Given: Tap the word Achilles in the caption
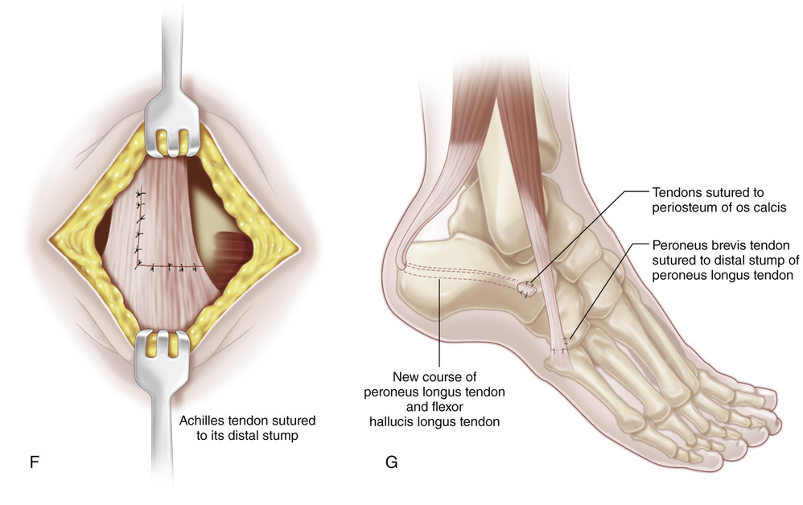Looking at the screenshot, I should point(204,421).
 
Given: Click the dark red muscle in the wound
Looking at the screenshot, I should point(232,247).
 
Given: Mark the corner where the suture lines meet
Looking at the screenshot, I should point(138,265).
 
